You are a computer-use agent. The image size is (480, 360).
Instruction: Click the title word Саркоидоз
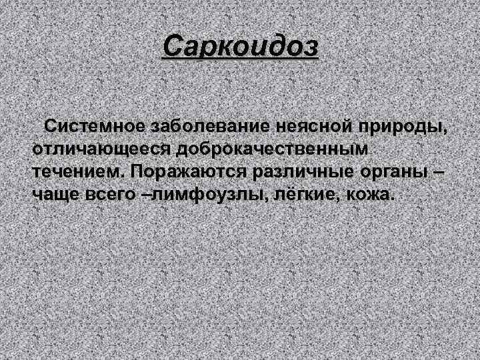[x=241, y=47]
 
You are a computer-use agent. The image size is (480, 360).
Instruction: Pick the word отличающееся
[x=101, y=149]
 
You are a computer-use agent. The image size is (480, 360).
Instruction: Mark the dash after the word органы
[x=438, y=171]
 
